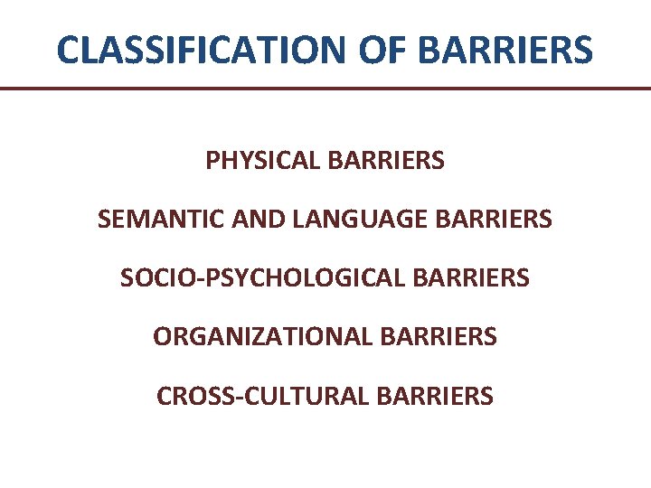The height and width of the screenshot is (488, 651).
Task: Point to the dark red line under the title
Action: [325, 89]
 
